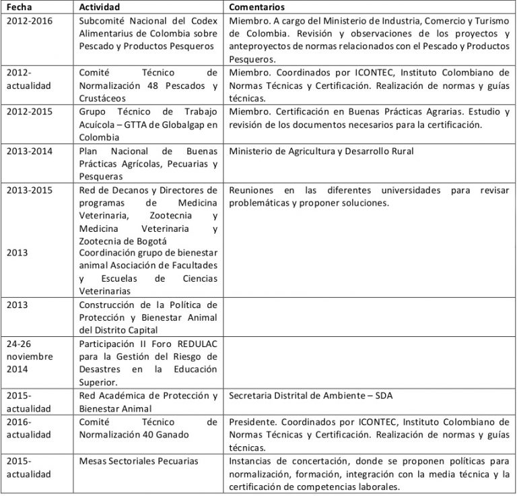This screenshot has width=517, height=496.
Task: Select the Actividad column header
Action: click(x=100, y=7)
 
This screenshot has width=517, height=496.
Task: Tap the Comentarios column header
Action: click(x=256, y=7)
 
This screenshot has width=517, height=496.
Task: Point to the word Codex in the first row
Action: click(x=203, y=20)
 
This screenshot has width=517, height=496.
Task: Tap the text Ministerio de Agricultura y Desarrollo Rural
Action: click(x=321, y=151)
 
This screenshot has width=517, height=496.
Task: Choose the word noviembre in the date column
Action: click(x=29, y=356)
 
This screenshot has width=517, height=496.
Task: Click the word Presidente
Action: click(x=252, y=422)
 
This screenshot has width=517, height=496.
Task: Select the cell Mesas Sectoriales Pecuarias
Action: click(x=139, y=461)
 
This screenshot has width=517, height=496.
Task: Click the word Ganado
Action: click(x=173, y=435)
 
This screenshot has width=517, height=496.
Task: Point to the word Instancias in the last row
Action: click(x=252, y=461)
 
